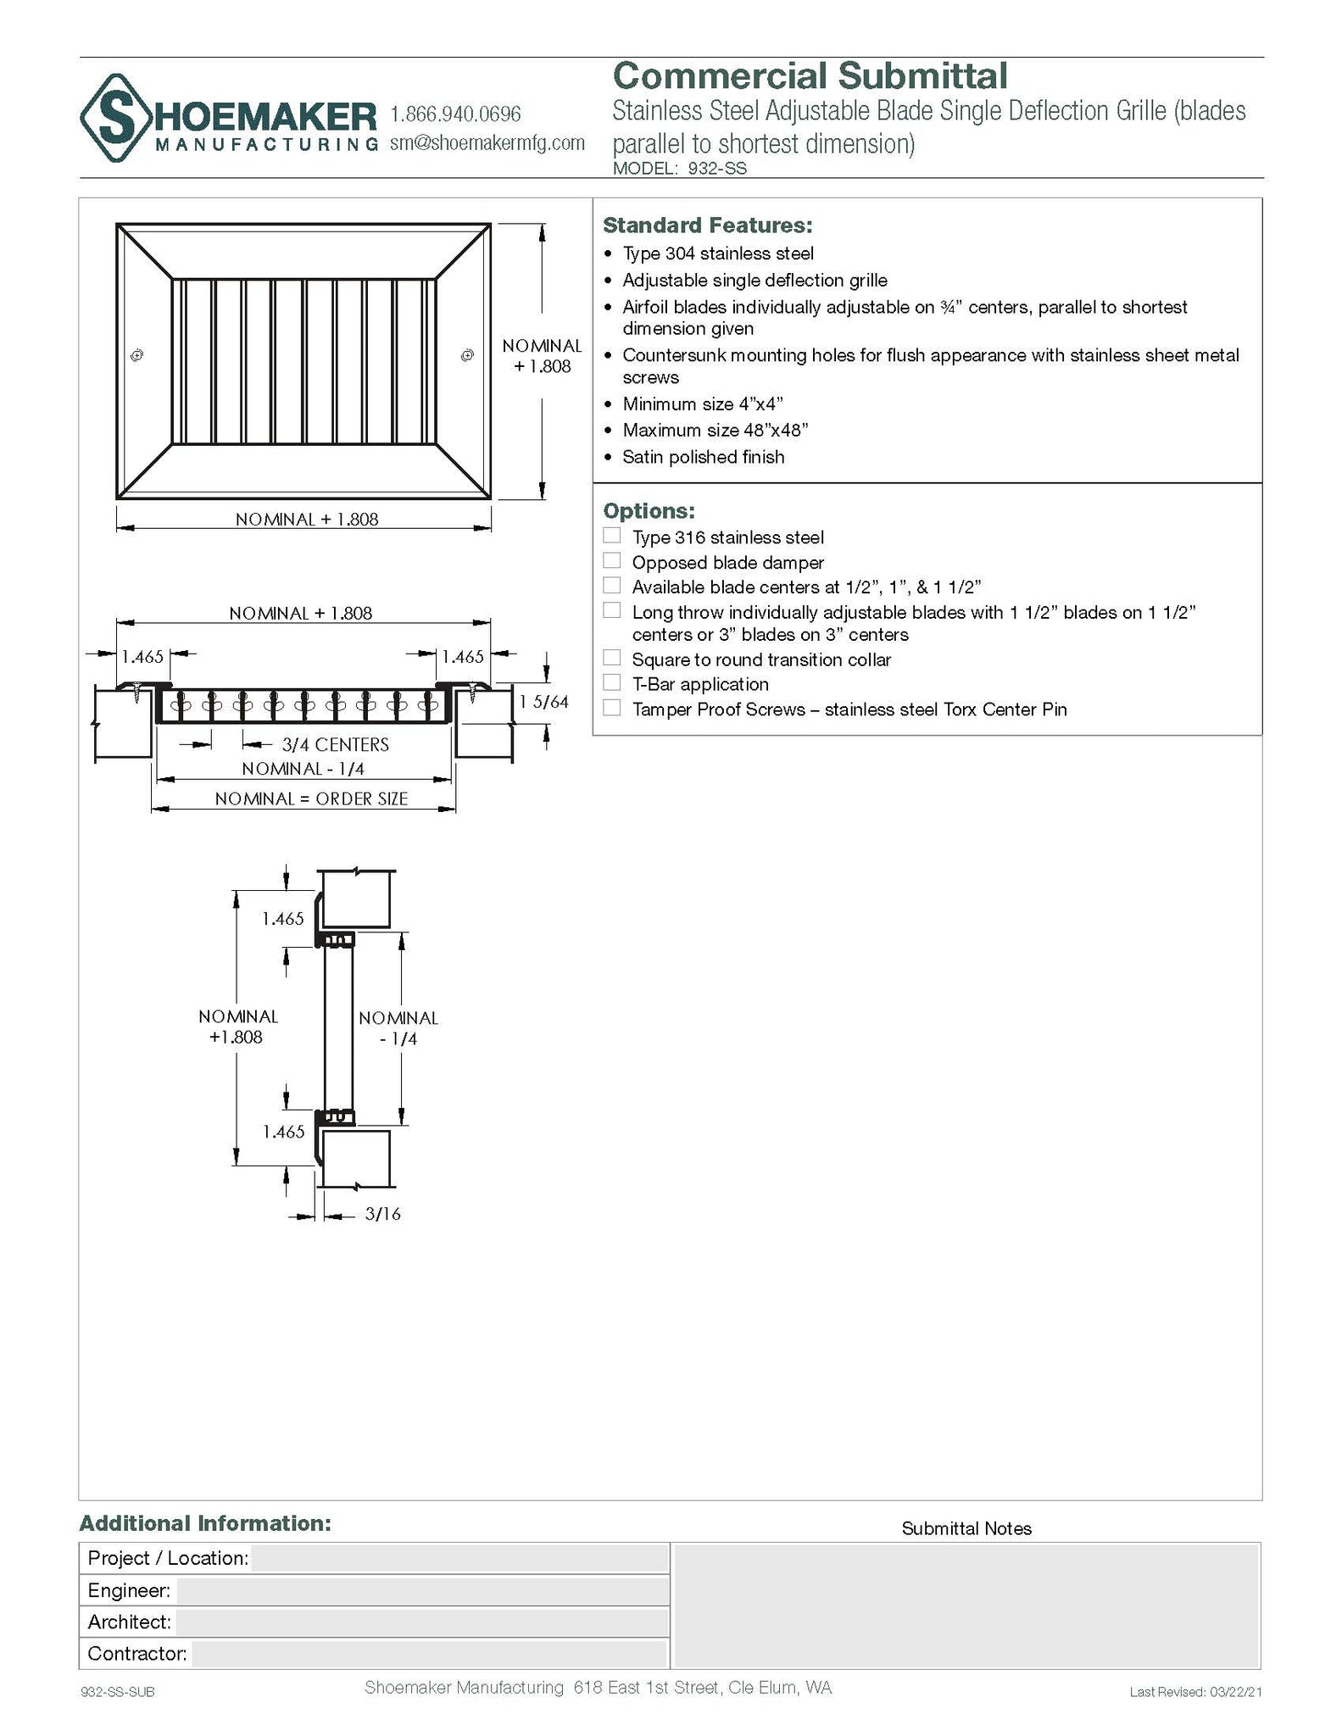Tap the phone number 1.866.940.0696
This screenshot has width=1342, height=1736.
click(455, 114)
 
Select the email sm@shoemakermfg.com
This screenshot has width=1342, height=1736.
click(487, 142)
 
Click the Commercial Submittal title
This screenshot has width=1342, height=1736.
click(810, 76)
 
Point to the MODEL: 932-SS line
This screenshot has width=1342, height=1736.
click(679, 168)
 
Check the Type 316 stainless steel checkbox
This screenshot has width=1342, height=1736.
click(611, 536)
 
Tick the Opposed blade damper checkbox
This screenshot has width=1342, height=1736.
click(611, 561)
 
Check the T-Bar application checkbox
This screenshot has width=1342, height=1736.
click(611, 682)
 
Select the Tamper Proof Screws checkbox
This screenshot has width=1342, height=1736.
click(611, 708)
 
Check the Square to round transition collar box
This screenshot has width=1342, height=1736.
click(611, 658)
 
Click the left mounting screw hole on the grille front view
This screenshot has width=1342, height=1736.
click(137, 355)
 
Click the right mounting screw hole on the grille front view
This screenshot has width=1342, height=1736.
click(467, 355)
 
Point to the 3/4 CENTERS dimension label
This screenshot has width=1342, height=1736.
click(335, 744)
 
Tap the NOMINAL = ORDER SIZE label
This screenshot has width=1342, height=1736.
click(311, 798)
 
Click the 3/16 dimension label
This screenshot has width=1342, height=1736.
click(382, 1214)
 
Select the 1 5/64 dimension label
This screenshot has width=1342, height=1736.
click(543, 702)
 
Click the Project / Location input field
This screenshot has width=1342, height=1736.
click(459, 1558)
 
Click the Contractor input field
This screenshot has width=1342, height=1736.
click(428, 1653)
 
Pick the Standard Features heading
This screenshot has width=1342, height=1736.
click(707, 225)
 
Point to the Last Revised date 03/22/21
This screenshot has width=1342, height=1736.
click(1195, 1692)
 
